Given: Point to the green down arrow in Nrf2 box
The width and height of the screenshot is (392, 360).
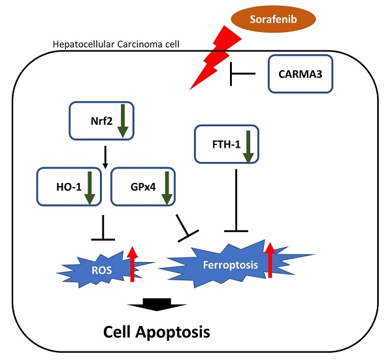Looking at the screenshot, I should pos(122,122).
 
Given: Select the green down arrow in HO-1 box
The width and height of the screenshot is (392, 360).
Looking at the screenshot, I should pos(90,188).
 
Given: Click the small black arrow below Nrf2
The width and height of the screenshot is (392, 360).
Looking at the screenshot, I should pos(105,154).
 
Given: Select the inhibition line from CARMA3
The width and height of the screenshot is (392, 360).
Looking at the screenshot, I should pos(247,76).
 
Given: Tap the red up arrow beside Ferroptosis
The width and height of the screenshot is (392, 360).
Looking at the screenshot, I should pos(269,259).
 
